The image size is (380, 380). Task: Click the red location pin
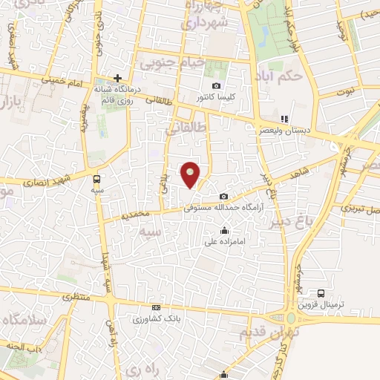[191, 174]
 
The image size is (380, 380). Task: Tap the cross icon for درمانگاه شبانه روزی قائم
[117, 78]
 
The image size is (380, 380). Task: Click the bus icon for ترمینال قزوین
[321, 294]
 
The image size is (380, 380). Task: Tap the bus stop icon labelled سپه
[97, 179]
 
